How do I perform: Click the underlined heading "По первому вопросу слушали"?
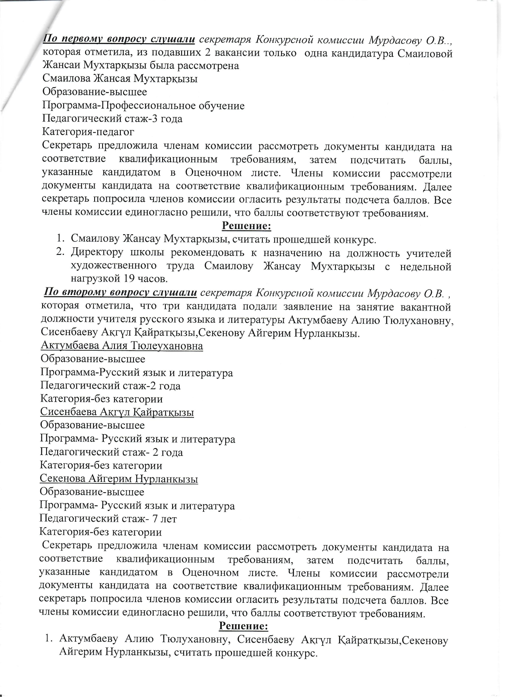pos(119,39)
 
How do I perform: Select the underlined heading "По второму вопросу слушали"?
pos(121,293)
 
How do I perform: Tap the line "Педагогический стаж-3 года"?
pos(112,118)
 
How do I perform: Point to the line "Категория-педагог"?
pos(88,131)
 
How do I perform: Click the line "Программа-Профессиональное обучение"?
pos(143,105)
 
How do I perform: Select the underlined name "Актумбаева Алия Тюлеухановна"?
pos(122,346)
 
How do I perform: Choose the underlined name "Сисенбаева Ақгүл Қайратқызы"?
pos(117,412)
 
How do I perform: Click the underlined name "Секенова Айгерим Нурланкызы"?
pos(119,479)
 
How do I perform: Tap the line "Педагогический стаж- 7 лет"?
pos(108,518)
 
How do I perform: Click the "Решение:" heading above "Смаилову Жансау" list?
pos(246,226)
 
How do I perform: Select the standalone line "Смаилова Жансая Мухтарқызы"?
pos(120,79)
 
